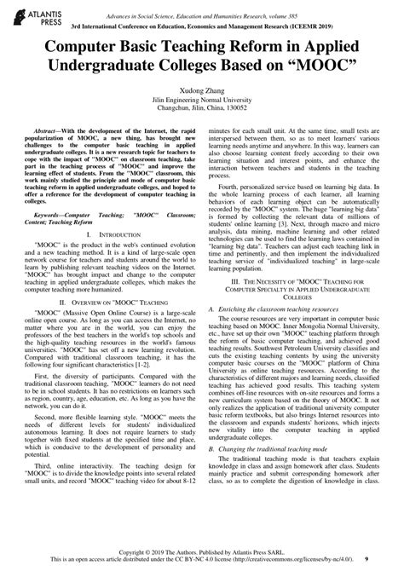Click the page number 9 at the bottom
(x=390, y=557)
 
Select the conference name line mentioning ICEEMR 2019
(x=202, y=26)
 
